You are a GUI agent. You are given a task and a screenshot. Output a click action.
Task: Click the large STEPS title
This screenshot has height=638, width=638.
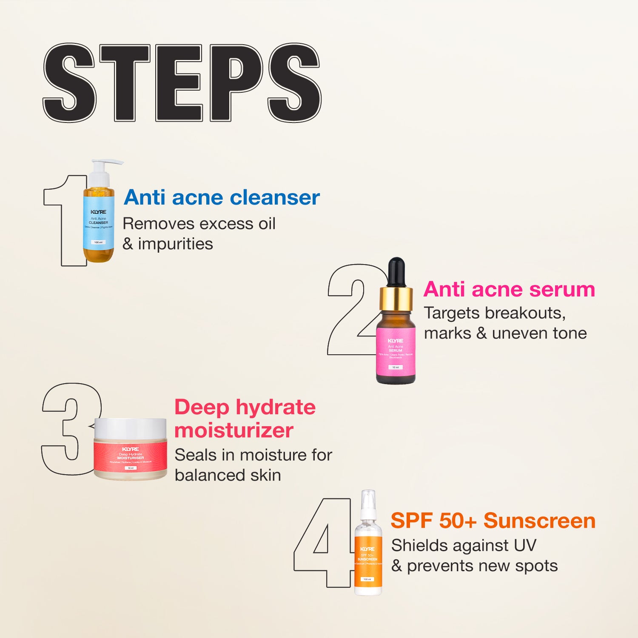182,83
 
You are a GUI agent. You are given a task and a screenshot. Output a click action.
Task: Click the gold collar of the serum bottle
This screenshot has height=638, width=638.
396,299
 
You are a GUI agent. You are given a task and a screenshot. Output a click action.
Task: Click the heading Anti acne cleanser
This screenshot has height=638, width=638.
222,197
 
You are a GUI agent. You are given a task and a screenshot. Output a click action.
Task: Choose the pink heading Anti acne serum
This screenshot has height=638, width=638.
509,289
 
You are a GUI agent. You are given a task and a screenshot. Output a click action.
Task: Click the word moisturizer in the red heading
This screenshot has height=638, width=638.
234,430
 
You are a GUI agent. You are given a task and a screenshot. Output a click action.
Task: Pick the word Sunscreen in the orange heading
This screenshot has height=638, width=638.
539,521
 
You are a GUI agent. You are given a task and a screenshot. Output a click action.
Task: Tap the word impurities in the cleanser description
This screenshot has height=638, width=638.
175,244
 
